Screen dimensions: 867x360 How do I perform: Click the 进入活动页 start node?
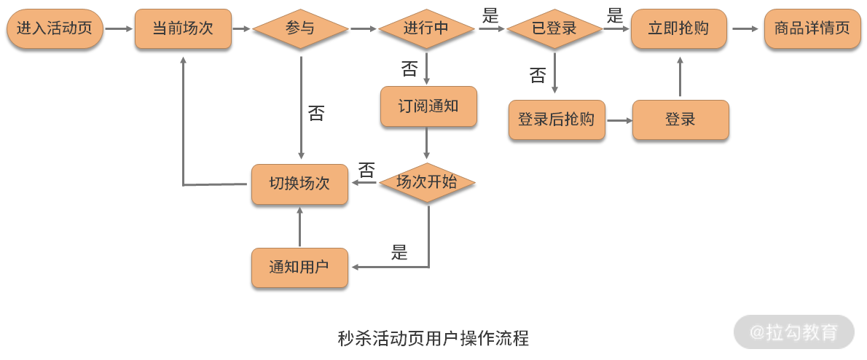[x=55, y=28]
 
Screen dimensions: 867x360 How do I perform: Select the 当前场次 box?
[x=183, y=28]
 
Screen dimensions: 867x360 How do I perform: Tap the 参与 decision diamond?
[x=301, y=28]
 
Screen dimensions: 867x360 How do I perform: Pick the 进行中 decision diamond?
[x=426, y=28]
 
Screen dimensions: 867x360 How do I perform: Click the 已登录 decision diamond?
[x=554, y=28]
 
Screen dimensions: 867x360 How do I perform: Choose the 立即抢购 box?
[x=679, y=28]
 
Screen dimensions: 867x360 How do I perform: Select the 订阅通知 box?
[x=428, y=106]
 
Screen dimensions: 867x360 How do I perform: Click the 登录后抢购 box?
[x=557, y=120]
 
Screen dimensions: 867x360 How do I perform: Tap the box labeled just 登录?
[x=680, y=120]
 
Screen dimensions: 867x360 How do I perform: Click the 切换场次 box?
[x=299, y=184]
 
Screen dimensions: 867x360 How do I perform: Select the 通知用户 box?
[x=299, y=267]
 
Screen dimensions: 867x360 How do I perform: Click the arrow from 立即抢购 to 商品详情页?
[x=746, y=28]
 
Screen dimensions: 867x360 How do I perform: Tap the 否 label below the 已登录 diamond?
[x=537, y=74]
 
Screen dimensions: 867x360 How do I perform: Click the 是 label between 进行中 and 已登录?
[x=490, y=15]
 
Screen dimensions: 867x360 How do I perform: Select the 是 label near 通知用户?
[x=399, y=251]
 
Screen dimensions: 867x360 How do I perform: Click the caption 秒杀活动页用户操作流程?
[x=433, y=337]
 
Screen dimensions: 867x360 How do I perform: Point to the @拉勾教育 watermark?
[x=794, y=332]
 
